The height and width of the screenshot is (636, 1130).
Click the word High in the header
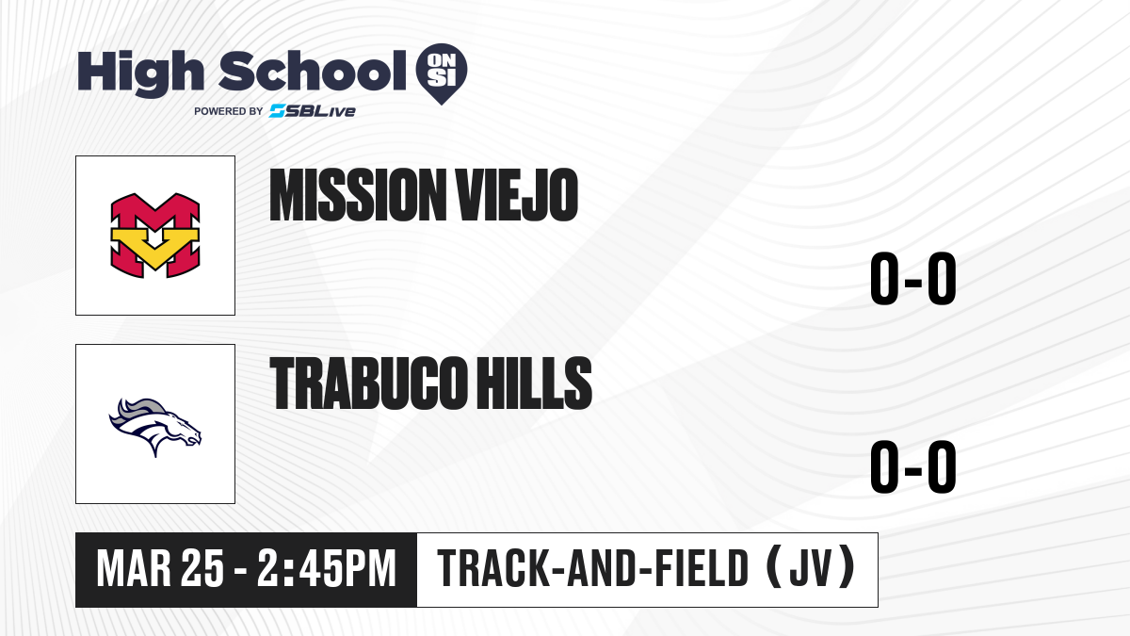[140, 73]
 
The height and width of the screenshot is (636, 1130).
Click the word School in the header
[312, 71]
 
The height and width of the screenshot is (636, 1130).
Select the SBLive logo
[313, 111]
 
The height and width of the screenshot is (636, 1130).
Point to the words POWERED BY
[228, 111]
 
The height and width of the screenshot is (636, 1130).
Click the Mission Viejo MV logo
[155, 236]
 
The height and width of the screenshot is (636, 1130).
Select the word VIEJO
[516, 195]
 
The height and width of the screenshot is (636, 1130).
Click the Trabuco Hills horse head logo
[155, 427]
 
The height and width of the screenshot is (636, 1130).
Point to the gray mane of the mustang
[141, 410]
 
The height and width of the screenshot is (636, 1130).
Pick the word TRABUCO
[366, 383]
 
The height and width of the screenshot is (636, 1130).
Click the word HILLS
[534, 383]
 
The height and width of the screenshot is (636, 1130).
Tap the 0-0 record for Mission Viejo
[913, 278]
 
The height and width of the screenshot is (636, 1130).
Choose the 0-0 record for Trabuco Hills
[913, 466]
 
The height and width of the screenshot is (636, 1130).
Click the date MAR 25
[160, 569]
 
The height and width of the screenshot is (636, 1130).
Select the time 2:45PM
[327, 569]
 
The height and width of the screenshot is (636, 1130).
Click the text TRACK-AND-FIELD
[592, 569]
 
